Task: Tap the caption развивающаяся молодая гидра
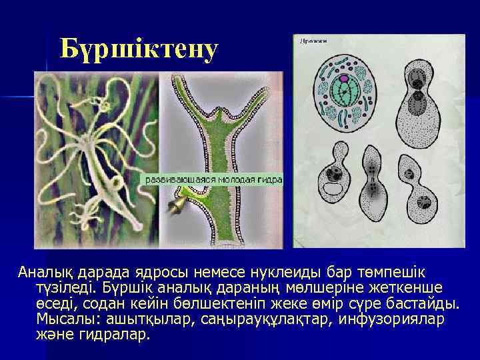coord(214,180)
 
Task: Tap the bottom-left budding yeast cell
coord(335,189)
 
